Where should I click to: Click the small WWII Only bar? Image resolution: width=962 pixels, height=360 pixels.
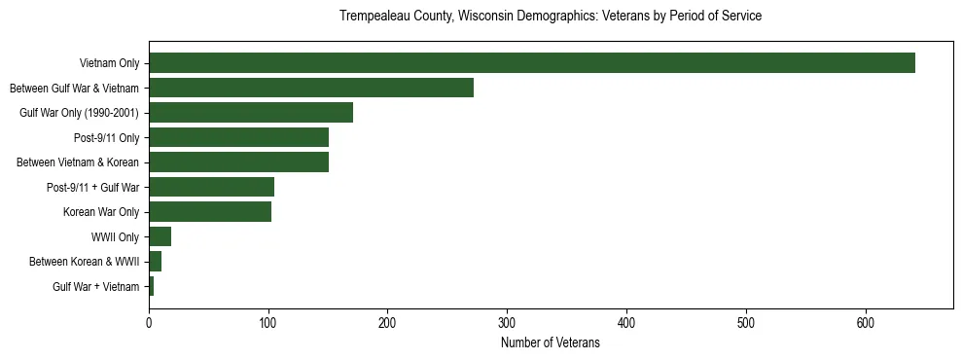coord(160,236)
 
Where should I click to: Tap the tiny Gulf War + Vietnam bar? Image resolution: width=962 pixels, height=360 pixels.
coord(151,286)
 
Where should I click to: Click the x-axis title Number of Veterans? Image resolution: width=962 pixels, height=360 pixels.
coord(550,343)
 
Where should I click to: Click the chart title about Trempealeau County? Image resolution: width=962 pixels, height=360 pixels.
coord(550,17)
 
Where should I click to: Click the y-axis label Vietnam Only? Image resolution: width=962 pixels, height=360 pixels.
coord(109,63)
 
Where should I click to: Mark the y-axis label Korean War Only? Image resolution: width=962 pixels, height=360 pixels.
coord(101,212)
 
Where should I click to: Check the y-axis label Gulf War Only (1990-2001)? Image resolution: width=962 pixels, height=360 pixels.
coord(79,113)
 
